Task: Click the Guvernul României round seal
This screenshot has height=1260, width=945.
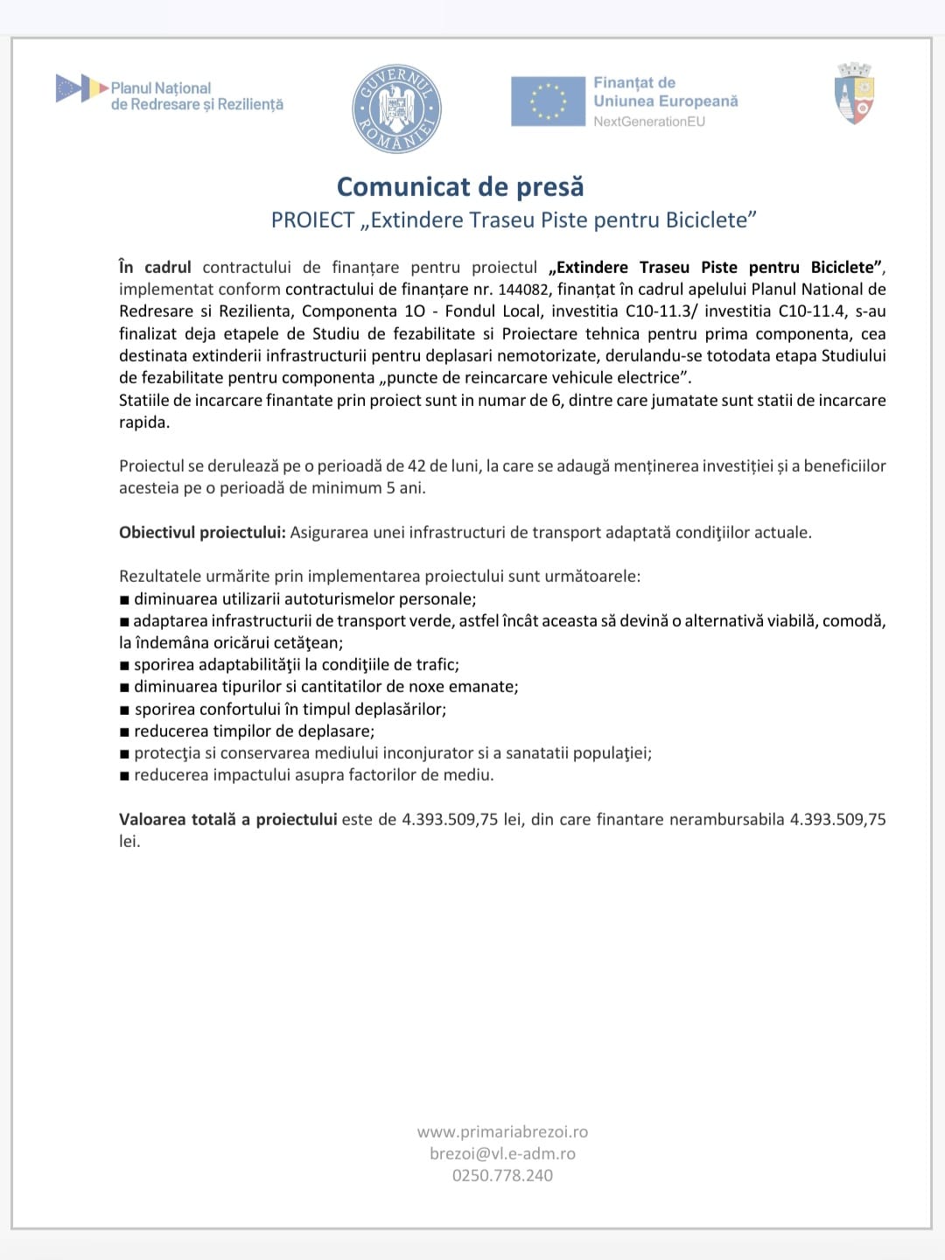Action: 396,108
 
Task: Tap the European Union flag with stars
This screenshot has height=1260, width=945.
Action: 548,101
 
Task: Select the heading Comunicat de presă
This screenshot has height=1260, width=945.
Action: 460,186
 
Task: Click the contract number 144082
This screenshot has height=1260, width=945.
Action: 523,290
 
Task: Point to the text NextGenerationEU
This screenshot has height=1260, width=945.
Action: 648,122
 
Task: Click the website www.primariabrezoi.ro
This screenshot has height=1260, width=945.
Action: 502,1131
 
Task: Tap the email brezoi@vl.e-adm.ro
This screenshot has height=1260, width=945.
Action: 502,1153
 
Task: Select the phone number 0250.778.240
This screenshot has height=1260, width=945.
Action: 502,1175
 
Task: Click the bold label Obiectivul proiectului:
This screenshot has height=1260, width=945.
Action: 202,532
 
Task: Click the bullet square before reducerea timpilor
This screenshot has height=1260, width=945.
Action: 124,731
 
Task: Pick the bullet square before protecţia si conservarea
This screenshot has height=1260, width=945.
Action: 124,753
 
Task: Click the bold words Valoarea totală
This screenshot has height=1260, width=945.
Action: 178,819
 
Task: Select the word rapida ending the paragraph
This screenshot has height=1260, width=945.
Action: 143,422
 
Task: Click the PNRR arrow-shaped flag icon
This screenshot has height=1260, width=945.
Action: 80,88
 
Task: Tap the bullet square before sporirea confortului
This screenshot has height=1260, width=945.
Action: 124,710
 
